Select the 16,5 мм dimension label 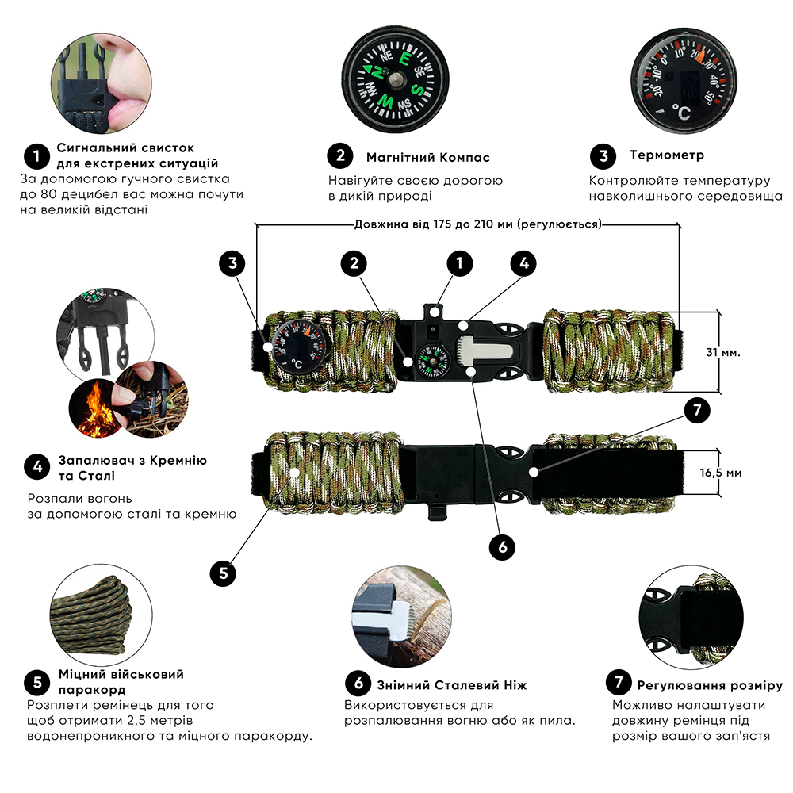click(x=722, y=473)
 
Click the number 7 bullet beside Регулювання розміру click(x=618, y=684)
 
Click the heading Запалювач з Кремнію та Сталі click(x=132, y=468)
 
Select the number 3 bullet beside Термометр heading click(x=603, y=155)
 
